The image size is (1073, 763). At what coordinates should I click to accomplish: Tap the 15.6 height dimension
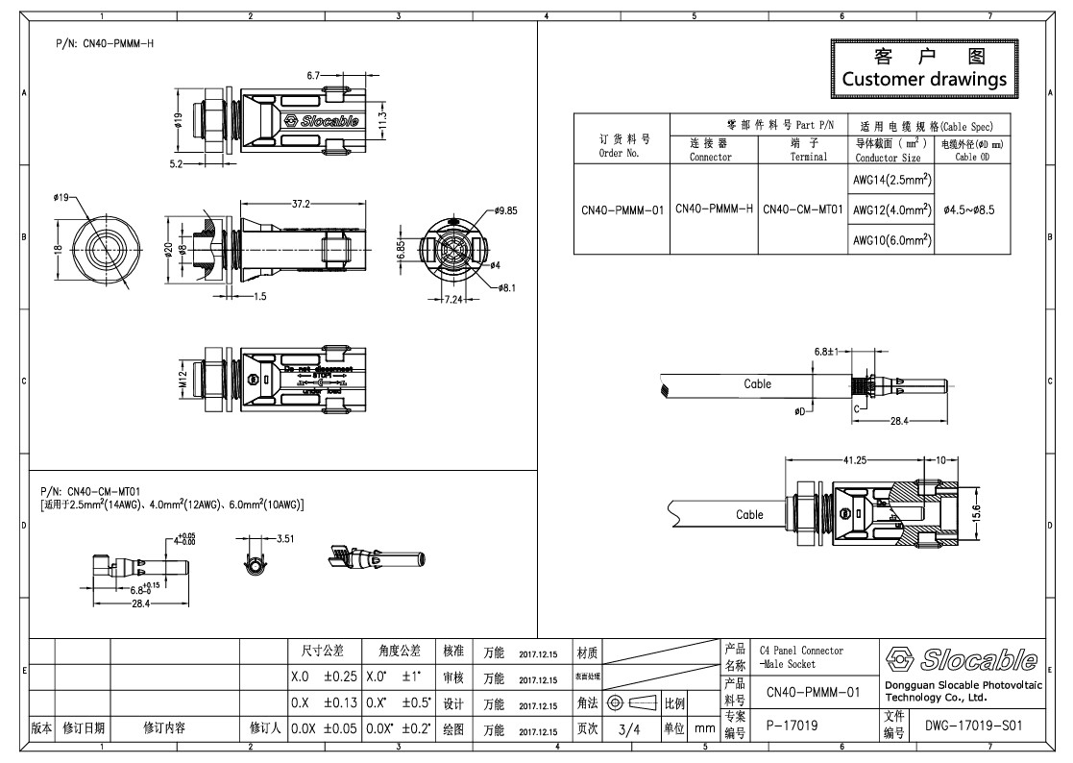pos(1005,514)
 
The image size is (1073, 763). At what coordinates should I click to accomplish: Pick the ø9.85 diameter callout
pos(506,209)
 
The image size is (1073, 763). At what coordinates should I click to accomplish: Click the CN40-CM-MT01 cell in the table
pos(802,209)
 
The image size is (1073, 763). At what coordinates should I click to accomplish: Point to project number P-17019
pos(793,727)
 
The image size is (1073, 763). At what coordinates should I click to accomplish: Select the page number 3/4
pos(629,729)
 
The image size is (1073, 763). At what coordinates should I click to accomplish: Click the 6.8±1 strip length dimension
pos(827,352)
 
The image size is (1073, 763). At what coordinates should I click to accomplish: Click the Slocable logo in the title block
pos(962,659)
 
